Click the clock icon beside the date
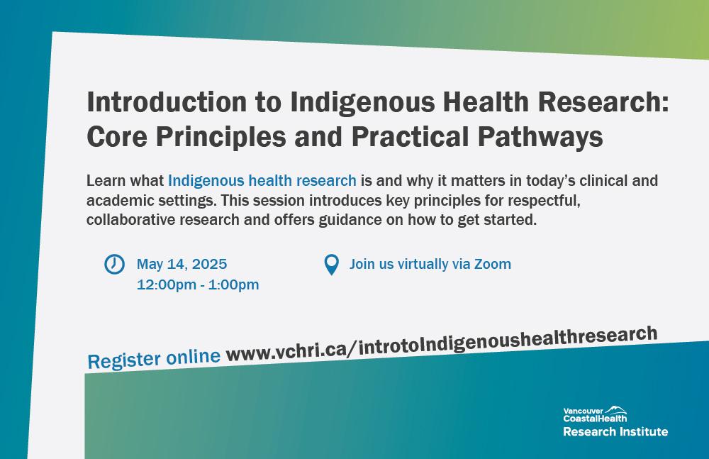(x=114, y=264)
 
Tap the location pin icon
(x=331, y=265)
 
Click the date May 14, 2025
(x=182, y=264)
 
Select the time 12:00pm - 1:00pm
(x=198, y=284)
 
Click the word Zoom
(x=493, y=264)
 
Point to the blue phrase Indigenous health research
(x=262, y=181)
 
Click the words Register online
(x=154, y=359)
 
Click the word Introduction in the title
(x=167, y=101)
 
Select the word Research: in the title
(x=603, y=101)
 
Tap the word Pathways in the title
(x=540, y=136)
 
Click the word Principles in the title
(x=221, y=136)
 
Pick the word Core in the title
(x=117, y=136)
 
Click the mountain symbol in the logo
(x=616, y=409)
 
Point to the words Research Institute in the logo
(x=615, y=431)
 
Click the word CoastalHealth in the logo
(x=595, y=419)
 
